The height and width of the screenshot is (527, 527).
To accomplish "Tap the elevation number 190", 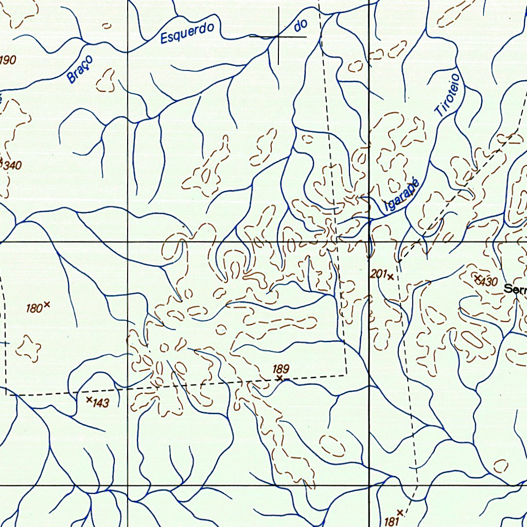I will click(x=8, y=60).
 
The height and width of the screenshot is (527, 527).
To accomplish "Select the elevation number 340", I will click(x=12, y=166).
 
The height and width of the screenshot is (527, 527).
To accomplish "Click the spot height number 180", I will click(x=34, y=309).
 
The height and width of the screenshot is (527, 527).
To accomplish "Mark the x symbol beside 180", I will click(x=47, y=304).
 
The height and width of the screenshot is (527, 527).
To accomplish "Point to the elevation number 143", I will click(x=101, y=403).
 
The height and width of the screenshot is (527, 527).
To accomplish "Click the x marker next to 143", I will click(x=89, y=399).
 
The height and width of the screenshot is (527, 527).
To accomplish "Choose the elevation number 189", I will click(x=282, y=368).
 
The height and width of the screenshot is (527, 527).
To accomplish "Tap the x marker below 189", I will click(x=279, y=378).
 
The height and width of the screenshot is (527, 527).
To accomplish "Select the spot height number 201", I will click(x=378, y=275).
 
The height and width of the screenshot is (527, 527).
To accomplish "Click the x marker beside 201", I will click(x=391, y=277).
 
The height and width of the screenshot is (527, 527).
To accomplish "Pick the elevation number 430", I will click(x=489, y=282).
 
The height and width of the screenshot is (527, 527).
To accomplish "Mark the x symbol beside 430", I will click(x=477, y=278).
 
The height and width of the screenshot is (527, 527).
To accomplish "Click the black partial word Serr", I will click(x=515, y=289).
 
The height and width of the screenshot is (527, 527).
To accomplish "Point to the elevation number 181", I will click(x=392, y=521).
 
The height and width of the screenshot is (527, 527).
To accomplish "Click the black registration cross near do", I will click(x=278, y=37).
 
